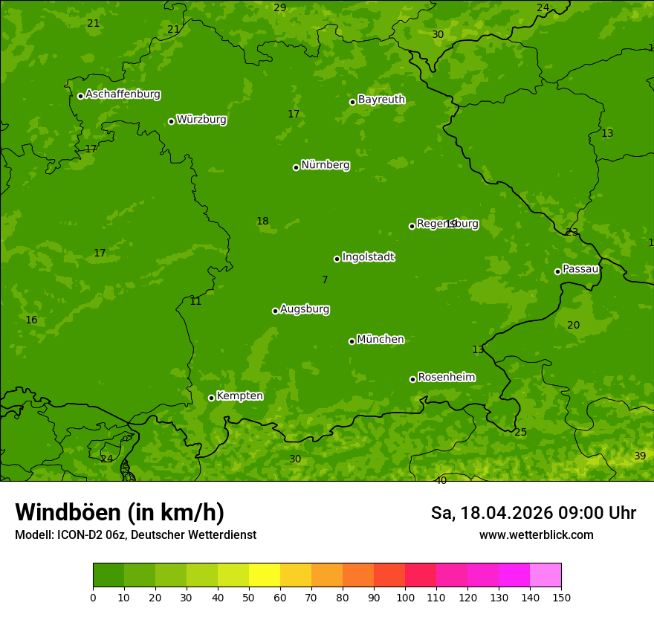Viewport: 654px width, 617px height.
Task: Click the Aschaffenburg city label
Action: (x=123, y=94)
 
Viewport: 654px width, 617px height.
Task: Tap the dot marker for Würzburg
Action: (x=171, y=121)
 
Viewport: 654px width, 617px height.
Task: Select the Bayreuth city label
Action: (x=381, y=100)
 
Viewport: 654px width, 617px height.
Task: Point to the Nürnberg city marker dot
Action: (x=296, y=167)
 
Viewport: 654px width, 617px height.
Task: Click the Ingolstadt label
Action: (x=368, y=257)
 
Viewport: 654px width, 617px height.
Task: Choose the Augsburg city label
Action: (x=305, y=309)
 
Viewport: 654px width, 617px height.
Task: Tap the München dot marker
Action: (x=352, y=341)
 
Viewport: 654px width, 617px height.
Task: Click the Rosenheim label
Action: (x=446, y=378)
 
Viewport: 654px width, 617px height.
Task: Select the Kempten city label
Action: (x=239, y=396)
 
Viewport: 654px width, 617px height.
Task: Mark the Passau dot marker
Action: (x=557, y=271)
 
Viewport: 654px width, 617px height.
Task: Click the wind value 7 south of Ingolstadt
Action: (x=325, y=280)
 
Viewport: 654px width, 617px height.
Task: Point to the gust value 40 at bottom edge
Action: (x=441, y=481)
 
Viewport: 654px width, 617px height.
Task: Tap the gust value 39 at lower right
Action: (x=640, y=456)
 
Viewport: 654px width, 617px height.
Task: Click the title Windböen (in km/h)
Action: (x=120, y=512)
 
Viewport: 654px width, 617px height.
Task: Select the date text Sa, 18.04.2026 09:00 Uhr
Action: (x=533, y=513)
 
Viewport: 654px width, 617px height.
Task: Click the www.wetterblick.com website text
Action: (x=536, y=534)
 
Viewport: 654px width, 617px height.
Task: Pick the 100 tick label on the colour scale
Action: (x=405, y=597)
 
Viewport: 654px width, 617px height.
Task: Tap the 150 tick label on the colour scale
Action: (x=561, y=597)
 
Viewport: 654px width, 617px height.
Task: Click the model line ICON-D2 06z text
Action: (x=135, y=534)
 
